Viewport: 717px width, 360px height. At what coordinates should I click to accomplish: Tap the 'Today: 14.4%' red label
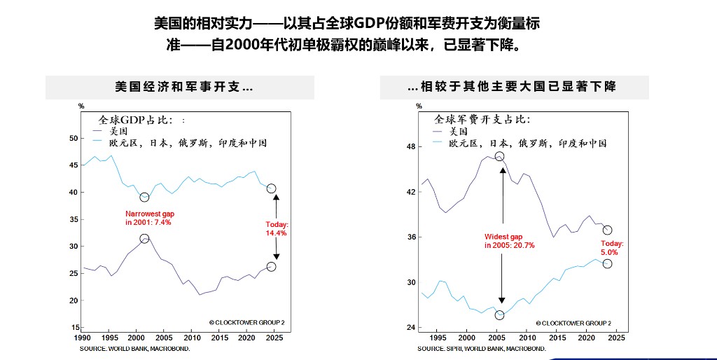277,229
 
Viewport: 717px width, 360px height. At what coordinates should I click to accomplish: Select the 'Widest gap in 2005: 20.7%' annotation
509,241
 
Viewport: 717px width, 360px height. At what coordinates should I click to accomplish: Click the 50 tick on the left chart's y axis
74,138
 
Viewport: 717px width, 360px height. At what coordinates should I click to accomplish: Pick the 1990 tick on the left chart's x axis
83,338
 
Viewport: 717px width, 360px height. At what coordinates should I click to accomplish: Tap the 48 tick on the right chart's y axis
412,147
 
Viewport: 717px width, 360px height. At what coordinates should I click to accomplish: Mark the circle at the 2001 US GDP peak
144,239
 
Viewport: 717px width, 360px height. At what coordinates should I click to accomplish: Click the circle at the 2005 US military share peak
499,156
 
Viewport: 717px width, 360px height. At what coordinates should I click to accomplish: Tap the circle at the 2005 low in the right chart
499,315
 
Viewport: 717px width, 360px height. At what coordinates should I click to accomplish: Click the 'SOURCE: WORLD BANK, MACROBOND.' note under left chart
134,348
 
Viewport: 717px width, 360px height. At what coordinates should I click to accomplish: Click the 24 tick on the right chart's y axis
412,328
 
